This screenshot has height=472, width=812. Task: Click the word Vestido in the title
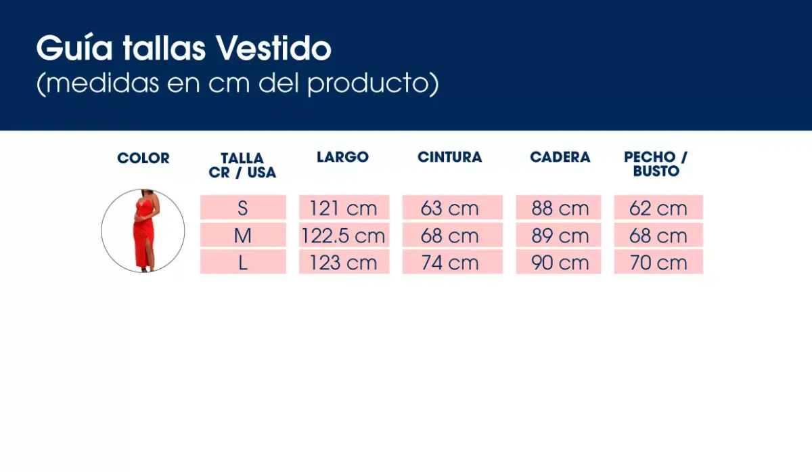point(274,49)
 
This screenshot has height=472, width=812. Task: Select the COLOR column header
point(143,158)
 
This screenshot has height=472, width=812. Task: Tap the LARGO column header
point(342,157)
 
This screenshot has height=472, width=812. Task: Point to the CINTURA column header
point(449,157)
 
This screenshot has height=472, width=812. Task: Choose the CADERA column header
point(560,157)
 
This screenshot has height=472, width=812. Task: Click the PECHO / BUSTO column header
point(656,164)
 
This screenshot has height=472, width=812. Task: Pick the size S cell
point(243,207)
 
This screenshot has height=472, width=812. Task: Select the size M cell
point(243,235)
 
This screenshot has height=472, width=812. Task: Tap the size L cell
point(243,262)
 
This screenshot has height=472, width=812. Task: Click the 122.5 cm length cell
point(344,235)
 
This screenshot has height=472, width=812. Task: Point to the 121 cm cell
point(344,207)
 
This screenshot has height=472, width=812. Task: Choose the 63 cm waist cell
point(452,207)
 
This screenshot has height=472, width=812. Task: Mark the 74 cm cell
point(452,262)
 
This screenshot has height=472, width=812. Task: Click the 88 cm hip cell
point(559,207)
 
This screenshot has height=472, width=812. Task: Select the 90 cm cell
point(559,262)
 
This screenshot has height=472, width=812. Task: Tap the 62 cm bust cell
point(658,207)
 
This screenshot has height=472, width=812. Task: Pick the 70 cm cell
point(658,262)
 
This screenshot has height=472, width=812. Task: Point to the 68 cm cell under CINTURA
point(452,235)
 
